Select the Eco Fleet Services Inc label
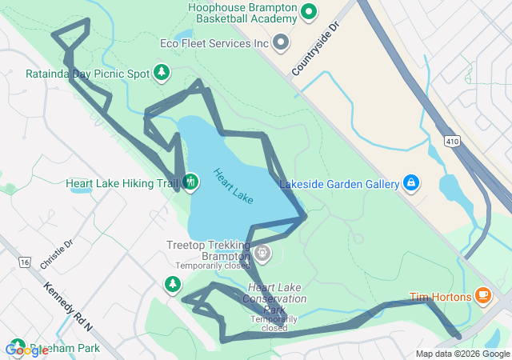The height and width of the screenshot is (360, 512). tap(214, 42)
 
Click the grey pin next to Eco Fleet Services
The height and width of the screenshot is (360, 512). tap(280, 42)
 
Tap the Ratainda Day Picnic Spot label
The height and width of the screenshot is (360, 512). tap(87, 74)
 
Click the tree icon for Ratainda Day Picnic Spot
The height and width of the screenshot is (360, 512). tap(162, 74)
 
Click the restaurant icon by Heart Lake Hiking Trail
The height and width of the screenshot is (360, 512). tap(190, 182)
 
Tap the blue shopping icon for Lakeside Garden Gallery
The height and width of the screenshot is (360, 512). tap(410, 183)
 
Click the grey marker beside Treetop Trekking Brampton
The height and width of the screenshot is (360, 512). tap(262, 254)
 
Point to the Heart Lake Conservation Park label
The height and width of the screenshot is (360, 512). tap(277, 298)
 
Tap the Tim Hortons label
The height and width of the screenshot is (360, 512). tap(441, 297)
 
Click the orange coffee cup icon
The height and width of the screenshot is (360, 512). tap(482, 296)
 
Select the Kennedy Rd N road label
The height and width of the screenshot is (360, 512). tap(68, 307)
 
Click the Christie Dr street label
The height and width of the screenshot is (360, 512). tap(56, 254)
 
